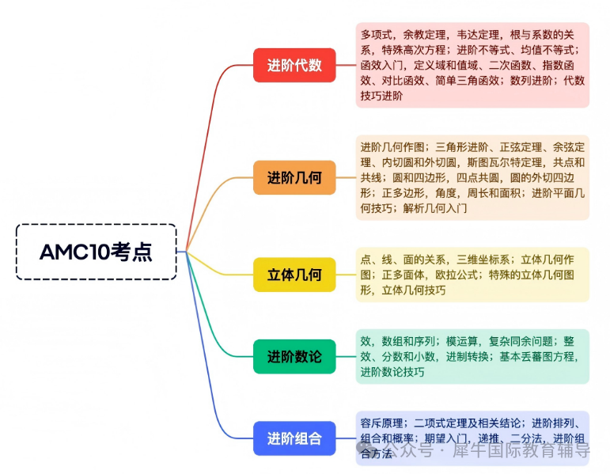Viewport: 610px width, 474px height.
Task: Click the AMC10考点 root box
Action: [x=96, y=252]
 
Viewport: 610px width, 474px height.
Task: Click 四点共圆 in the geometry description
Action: [x=460, y=178]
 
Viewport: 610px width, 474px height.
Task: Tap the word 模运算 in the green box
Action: [x=457, y=341]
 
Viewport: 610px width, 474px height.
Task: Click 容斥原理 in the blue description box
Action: [x=382, y=423]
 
